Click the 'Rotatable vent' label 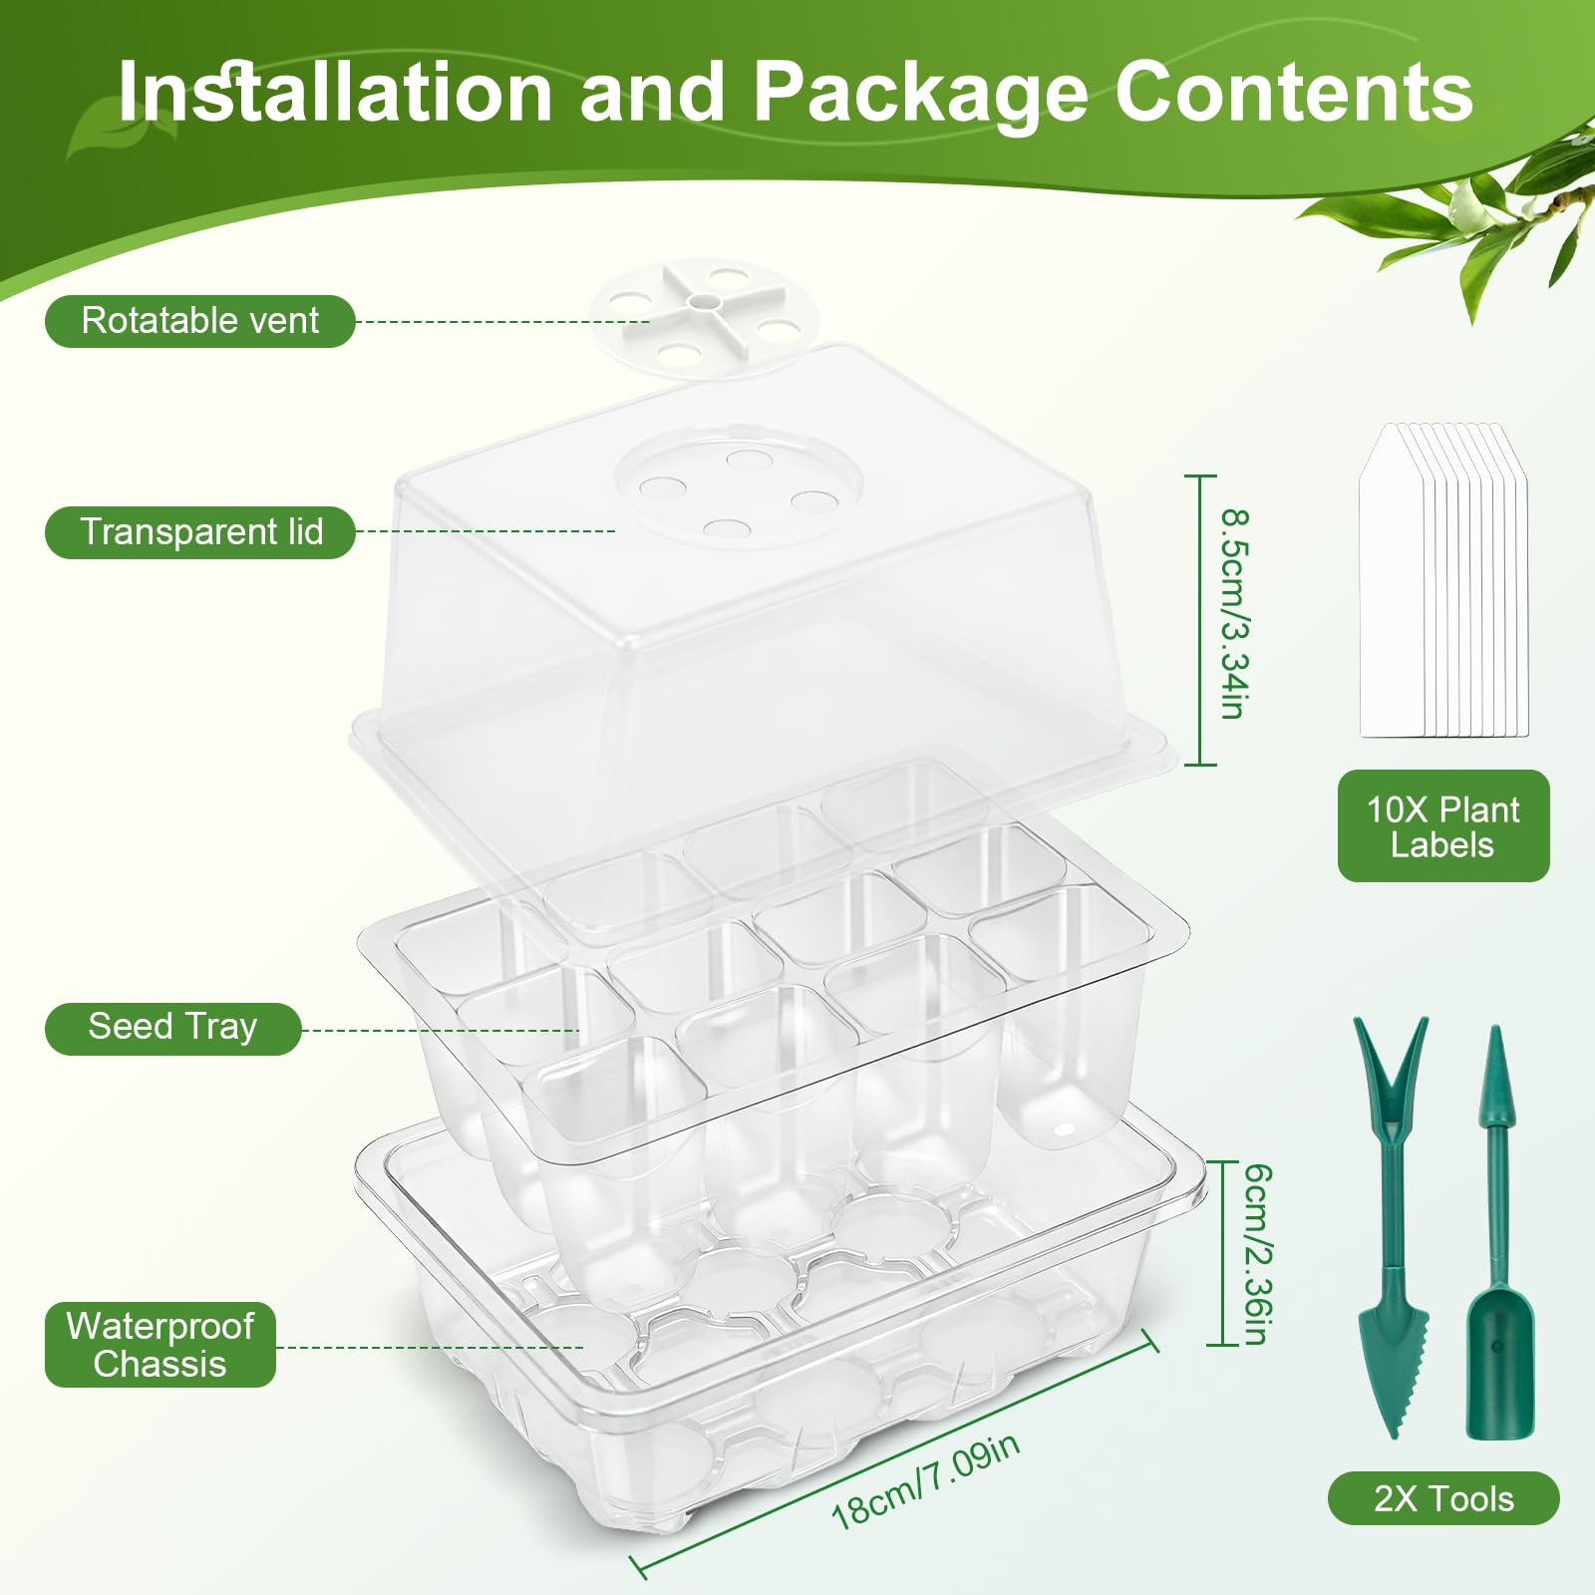pyautogui.click(x=199, y=321)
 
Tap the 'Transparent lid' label pyautogui.click(x=200, y=532)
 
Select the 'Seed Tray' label pyautogui.click(x=172, y=1028)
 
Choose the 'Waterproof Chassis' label pyautogui.click(x=159, y=1345)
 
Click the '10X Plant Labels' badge pyautogui.click(x=1442, y=826)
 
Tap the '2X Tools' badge pyautogui.click(x=1442, y=1498)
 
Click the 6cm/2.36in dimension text pyautogui.click(x=1257, y=1254)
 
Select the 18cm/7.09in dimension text pyautogui.click(x=925, y=1481)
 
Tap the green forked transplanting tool pyautogui.click(x=1393, y=1226)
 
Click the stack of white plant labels pyautogui.click(x=1443, y=580)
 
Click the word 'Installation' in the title pyautogui.click(x=335, y=92)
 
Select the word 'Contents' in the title pyautogui.click(x=1294, y=92)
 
